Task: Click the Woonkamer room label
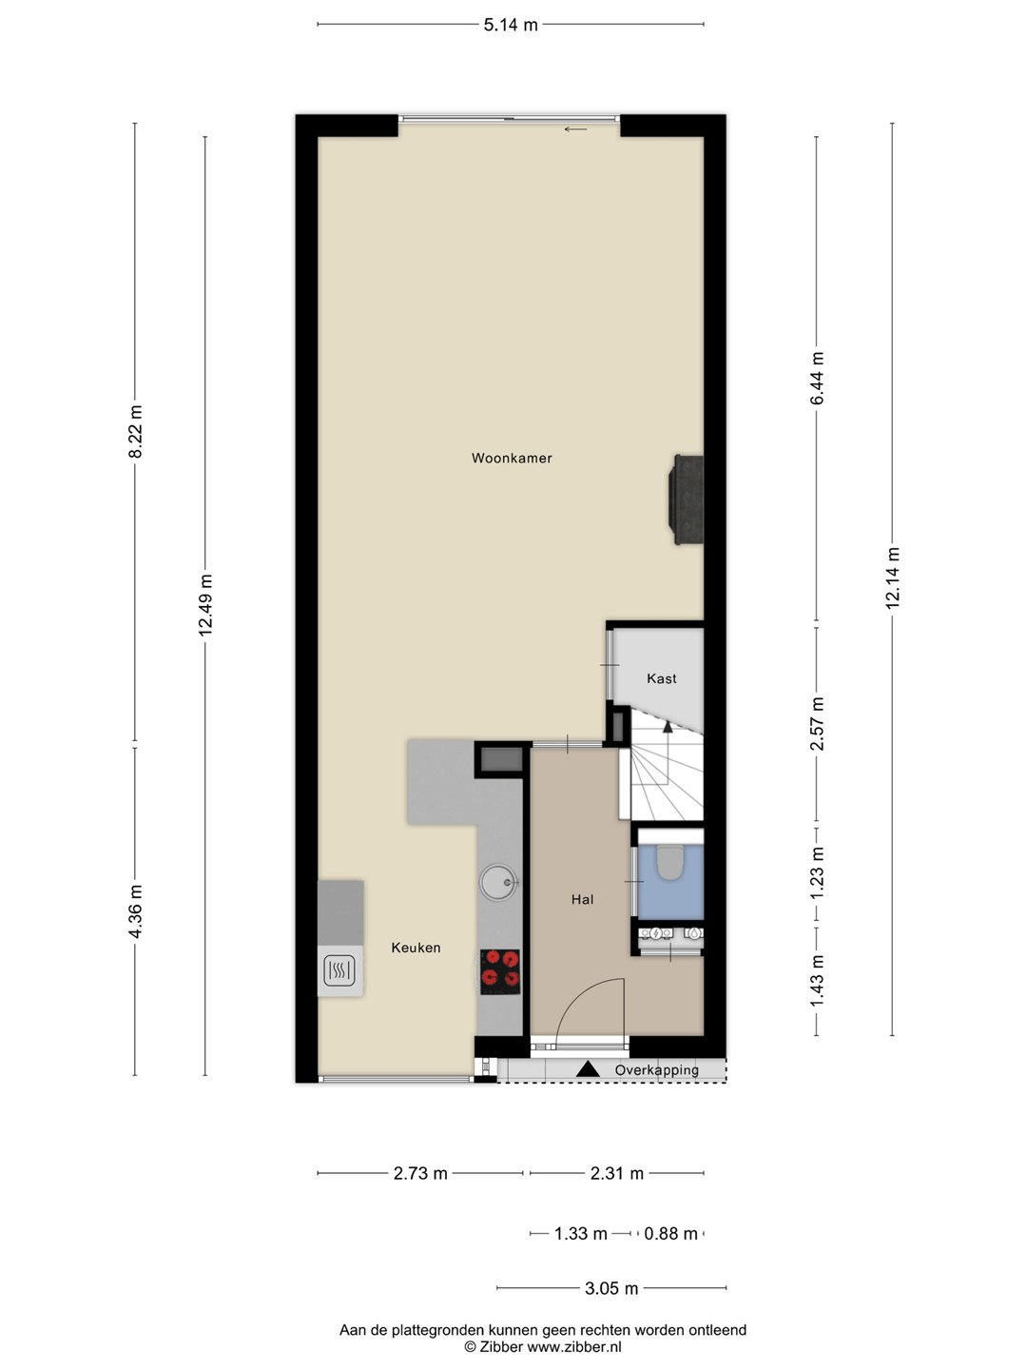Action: pyautogui.click(x=512, y=459)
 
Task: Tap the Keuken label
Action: pyautogui.click(x=416, y=948)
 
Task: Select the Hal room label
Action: pyautogui.click(x=582, y=899)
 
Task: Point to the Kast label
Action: pyautogui.click(x=662, y=678)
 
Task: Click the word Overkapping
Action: pyautogui.click(x=656, y=1070)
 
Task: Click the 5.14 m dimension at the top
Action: pyautogui.click(x=511, y=25)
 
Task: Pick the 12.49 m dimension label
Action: pyautogui.click(x=205, y=605)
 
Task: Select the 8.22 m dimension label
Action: pyautogui.click(x=135, y=431)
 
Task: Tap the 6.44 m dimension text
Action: pyautogui.click(x=817, y=379)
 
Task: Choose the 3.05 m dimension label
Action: pyautogui.click(x=611, y=1288)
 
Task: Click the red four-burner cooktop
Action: pyautogui.click(x=499, y=972)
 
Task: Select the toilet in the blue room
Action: pyautogui.click(x=670, y=862)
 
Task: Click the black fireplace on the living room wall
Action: pyautogui.click(x=686, y=499)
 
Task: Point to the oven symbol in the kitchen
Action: pyautogui.click(x=339, y=969)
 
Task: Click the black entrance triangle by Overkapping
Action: pyautogui.click(x=588, y=1069)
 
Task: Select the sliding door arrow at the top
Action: pyautogui.click(x=575, y=129)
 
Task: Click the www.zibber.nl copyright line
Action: pyautogui.click(x=542, y=1347)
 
